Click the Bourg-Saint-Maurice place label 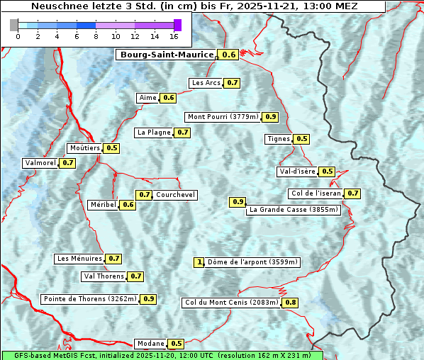tap(167, 55)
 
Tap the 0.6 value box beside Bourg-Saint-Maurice tap(228, 55)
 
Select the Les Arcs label tap(206, 83)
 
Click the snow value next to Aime tap(168, 98)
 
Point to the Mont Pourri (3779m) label tap(223, 117)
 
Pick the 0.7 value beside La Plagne tap(183, 132)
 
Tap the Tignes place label tap(278, 139)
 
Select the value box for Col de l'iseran tap(352, 193)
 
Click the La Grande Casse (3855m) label tap(294, 210)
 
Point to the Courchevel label tap(175, 195)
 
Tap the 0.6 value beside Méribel tap(128, 205)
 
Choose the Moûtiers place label tap(84, 148)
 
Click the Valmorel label tap(40, 163)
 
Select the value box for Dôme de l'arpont tap(199, 262)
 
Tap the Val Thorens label tap(104, 276)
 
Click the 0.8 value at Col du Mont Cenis tap(291, 303)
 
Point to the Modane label tap(150, 344)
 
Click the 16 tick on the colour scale tap(174, 36)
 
